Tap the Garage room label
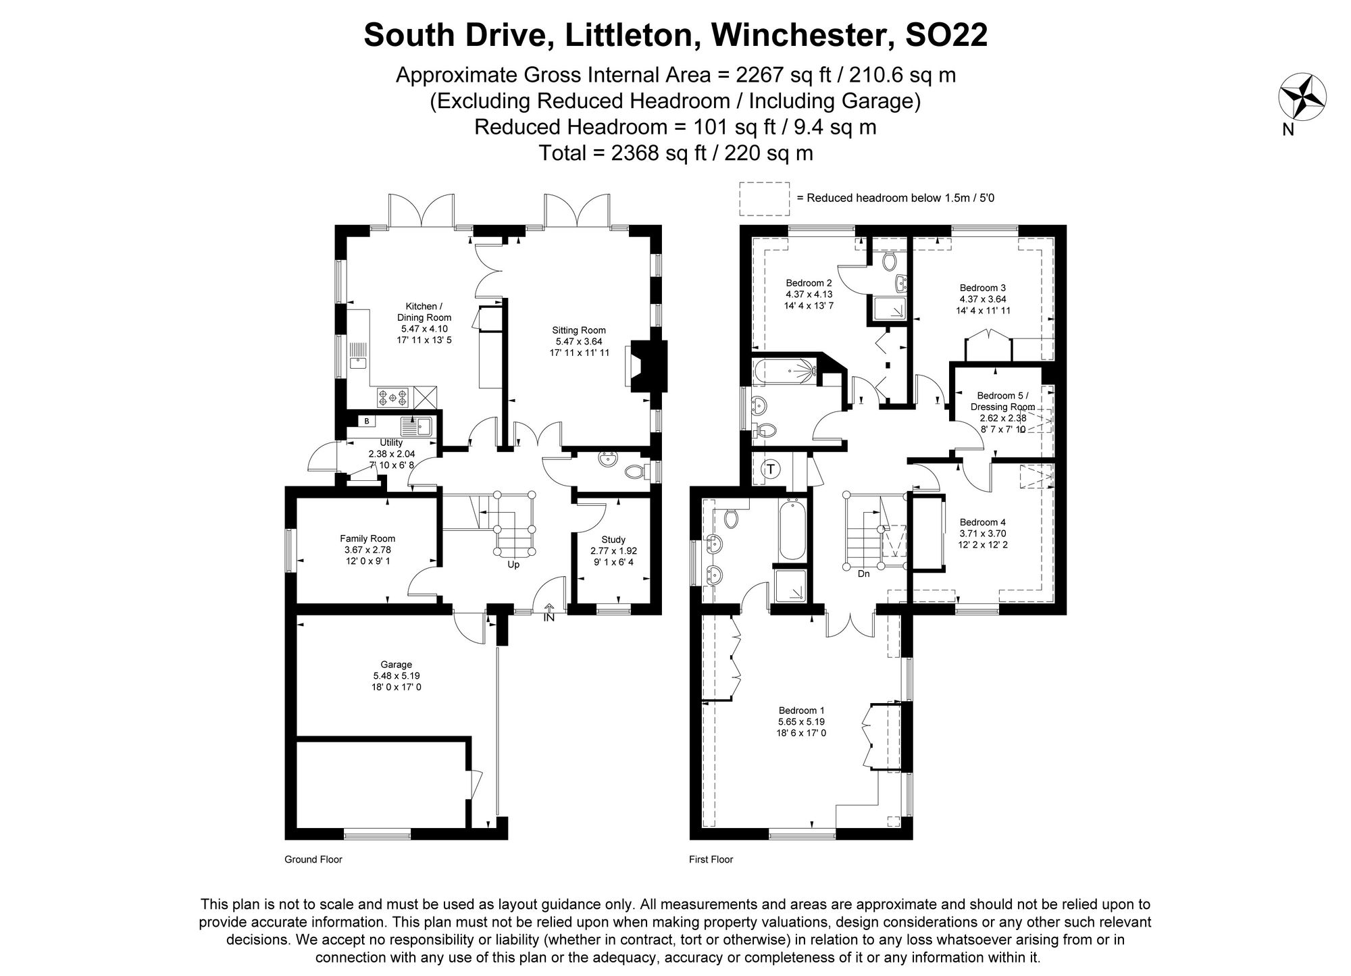coord(397,665)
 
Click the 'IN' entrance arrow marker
coord(549,613)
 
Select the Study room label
coord(613,540)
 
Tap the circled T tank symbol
coord(771,469)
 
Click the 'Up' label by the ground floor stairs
coord(513,565)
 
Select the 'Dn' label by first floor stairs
coord(863,574)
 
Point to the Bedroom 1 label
coord(802,711)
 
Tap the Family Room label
coord(367,538)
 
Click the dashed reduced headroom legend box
coord(764,199)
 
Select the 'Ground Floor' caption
coord(313,860)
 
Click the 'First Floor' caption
coord(711,860)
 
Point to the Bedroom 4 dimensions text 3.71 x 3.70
coord(983,534)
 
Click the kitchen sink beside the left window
coord(358,363)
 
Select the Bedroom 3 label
coord(982,288)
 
